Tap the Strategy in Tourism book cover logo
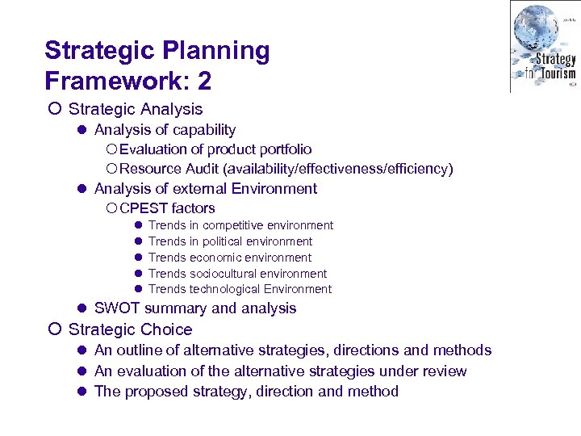click(x=544, y=45)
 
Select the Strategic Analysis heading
click(x=136, y=108)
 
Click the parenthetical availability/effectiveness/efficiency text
click(x=340, y=169)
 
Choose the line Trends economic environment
click(x=230, y=258)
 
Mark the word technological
click(x=227, y=289)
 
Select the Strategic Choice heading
click(x=131, y=329)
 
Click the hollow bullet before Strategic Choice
click(x=53, y=329)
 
